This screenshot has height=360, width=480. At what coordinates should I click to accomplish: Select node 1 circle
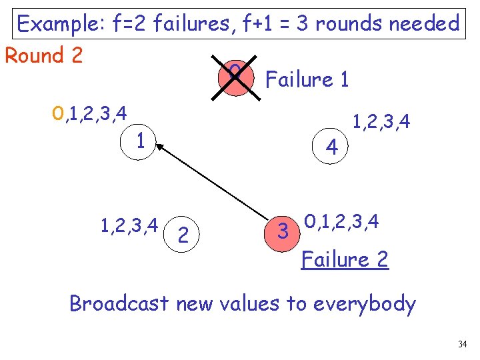click(140, 141)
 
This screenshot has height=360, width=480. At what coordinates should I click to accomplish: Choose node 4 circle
click(331, 145)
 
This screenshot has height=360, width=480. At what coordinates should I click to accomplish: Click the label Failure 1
click(307, 80)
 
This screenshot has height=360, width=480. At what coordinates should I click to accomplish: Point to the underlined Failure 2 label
click(345, 259)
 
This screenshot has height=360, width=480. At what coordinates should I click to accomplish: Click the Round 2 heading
click(44, 55)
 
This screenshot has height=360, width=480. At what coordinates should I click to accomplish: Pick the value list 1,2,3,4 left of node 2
click(129, 226)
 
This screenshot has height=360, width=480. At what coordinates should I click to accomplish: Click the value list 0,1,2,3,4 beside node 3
click(341, 221)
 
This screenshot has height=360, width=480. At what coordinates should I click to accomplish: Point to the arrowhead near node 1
click(162, 149)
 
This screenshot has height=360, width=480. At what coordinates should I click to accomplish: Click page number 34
click(463, 345)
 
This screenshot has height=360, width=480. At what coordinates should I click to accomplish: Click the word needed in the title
click(427, 25)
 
